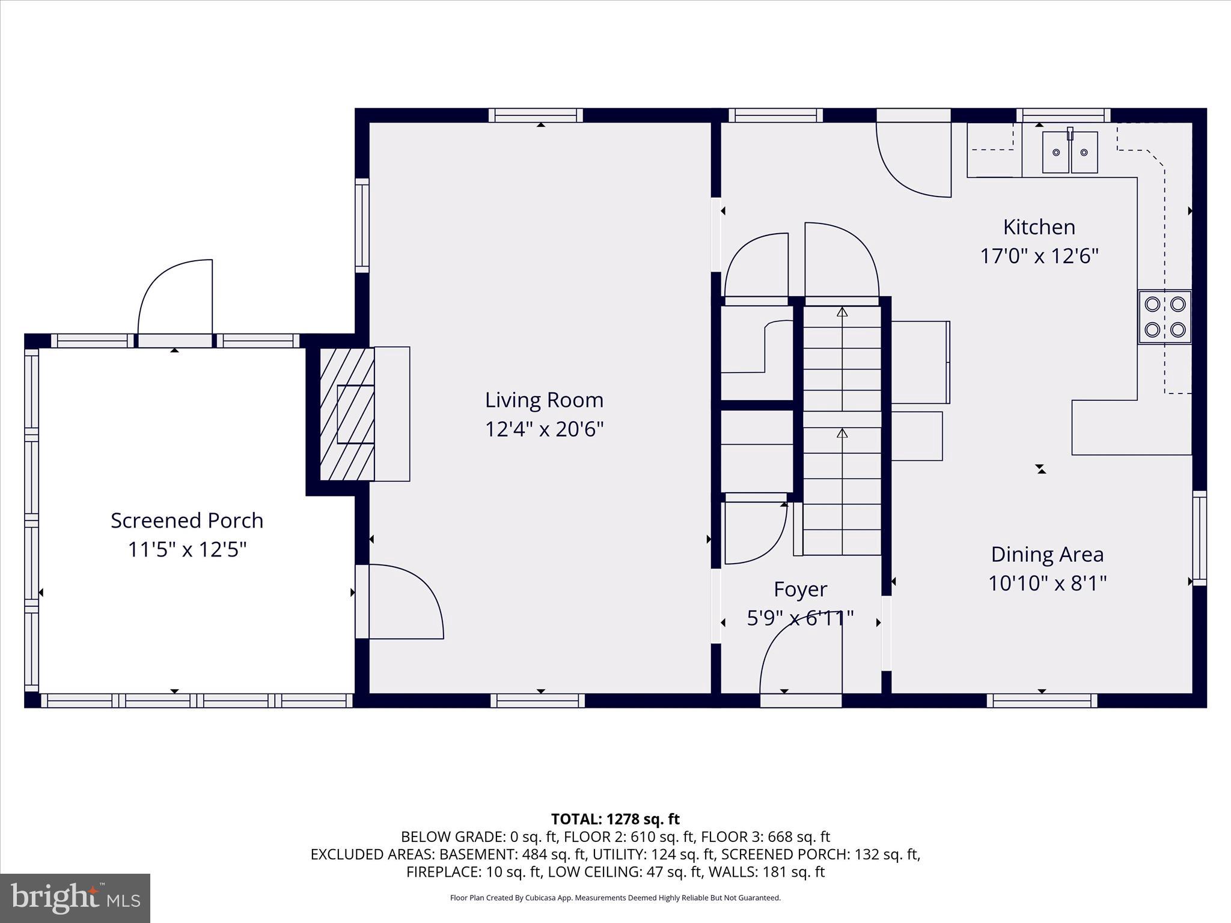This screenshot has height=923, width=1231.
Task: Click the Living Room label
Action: coord(544,400)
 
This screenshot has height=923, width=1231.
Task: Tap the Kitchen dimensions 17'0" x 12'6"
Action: coord(1039,257)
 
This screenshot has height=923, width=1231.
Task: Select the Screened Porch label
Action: coord(187,520)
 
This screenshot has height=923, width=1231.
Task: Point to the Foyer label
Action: coord(800,589)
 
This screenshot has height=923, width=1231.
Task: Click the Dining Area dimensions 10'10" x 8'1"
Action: coord(1047,583)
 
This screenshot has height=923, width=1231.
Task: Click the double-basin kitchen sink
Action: coord(1070,153)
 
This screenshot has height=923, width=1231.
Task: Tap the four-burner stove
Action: coord(1164,317)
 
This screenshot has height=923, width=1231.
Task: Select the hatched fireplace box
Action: coord(347,414)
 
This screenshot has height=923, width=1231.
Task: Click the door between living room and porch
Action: coord(403,601)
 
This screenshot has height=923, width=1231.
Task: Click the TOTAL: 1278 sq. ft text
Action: coord(615,819)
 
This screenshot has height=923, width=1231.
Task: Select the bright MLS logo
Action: coord(75,898)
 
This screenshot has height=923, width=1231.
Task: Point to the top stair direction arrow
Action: coord(842,312)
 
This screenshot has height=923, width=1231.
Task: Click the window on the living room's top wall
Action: coord(536,115)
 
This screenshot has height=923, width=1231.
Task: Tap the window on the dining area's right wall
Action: coord(1199,538)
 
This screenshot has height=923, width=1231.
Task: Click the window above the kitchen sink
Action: coord(1063,115)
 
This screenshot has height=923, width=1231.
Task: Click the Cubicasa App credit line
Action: coord(615,898)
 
